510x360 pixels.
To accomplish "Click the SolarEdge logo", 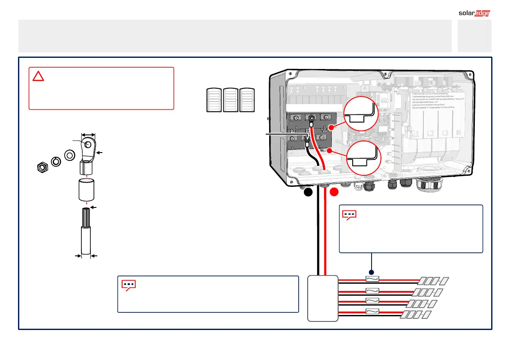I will (x=474, y=13).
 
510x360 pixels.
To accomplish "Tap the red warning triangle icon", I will (x=39, y=77).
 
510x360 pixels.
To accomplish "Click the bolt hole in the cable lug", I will (x=88, y=144).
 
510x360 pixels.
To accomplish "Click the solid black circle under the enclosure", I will (x=308, y=193).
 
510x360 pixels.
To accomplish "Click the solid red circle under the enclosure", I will (x=334, y=193).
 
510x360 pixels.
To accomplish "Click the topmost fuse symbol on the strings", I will (x=371, y=279).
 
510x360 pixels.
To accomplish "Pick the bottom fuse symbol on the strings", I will (x=371, y=311).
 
